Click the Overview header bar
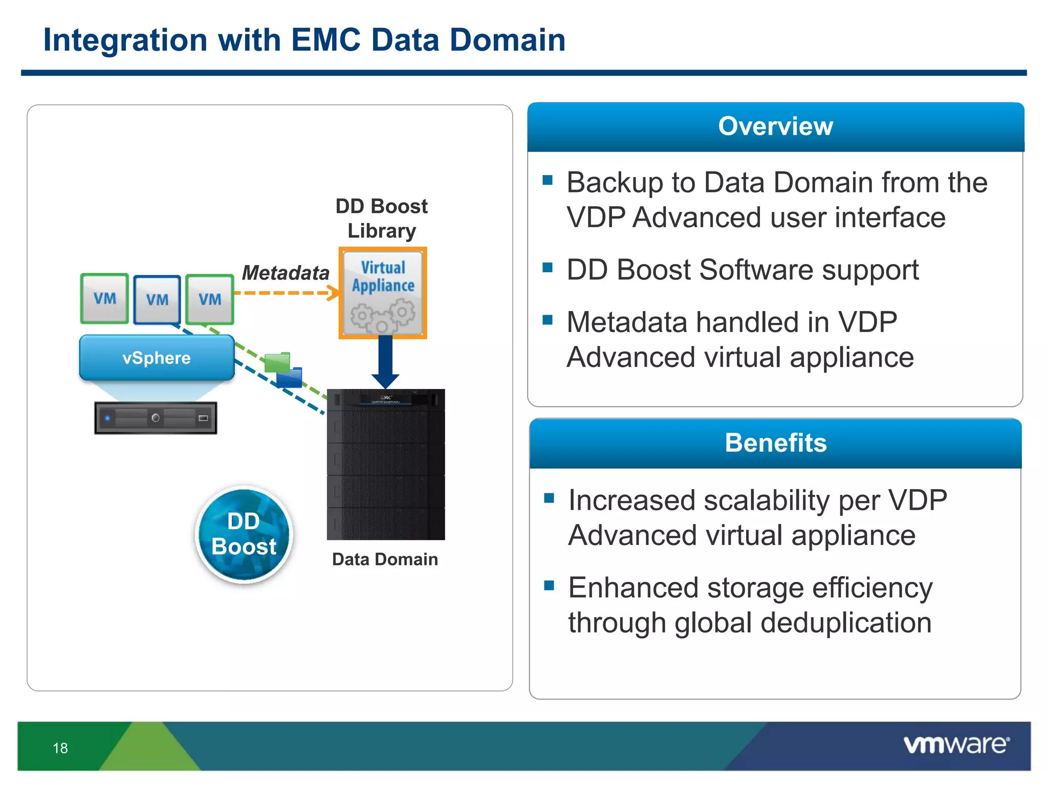(x=775, y=126)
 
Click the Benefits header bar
(x=775, y=443)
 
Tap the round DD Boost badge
(x=244, y=534)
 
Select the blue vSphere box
(x=157, y=358)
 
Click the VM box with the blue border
(x=157, y=300)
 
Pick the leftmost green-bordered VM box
(x=104, y=298)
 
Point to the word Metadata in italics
(x=286, y=273)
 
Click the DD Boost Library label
(x=382, y=219)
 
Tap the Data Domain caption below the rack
(x=385, y=559)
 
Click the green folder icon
(x=277, y=362)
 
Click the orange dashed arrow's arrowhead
(x=334, y=293)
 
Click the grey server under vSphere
(x=156, y=418)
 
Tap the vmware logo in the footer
(x=956, y=745)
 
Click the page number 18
(x=60, y=748)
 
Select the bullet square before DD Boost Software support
(x=548, y=268)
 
